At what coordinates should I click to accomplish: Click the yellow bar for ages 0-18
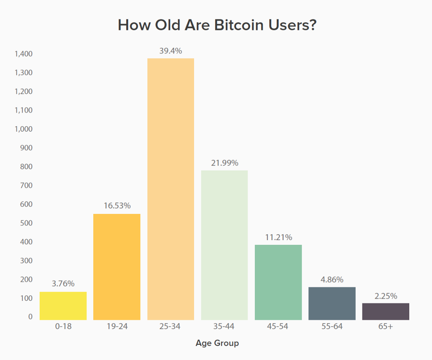click(x=63, y=306)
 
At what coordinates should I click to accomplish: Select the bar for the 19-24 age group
click(x=117, y=267)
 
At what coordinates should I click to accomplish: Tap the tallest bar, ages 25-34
click(x=170, y=189)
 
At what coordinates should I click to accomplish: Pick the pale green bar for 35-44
click(x=224, y=245)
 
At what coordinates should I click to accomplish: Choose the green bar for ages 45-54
click(x=278, y=282)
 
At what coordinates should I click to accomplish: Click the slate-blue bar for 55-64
click(x=332, y=303)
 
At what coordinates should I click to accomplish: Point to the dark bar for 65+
click(x=386, y=311)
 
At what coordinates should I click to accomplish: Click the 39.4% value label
click(x=170, y=51)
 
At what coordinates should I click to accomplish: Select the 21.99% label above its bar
click(x=224, y=163)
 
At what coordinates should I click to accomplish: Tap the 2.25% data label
click(x=386, y=296)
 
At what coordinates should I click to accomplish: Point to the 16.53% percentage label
click(x=117, y=206)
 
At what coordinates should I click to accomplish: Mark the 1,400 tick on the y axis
click(x=24, y=54)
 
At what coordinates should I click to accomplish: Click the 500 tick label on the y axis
click(x=26, y=223)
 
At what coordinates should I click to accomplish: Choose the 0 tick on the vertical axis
click(x=30, y=317)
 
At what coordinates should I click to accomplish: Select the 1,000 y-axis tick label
click(x=24, y=129)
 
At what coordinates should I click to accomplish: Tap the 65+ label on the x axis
click(x=386, y=326)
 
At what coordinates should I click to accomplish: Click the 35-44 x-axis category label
click(x=224, y=326)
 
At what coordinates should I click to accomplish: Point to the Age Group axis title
click(x=217, y=343)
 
